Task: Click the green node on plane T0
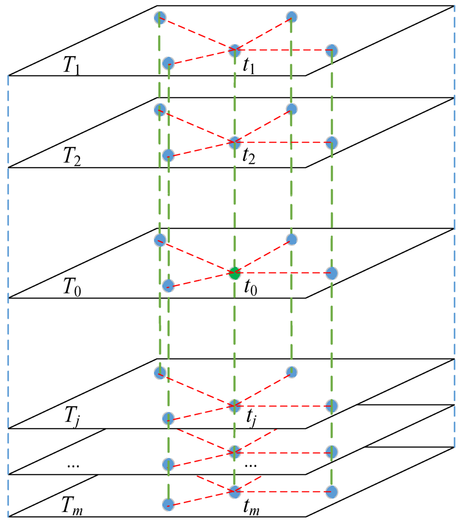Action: [x=234, y=273]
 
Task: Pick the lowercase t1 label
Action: [x=249, y=67]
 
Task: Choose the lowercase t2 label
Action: [x=249, y=159]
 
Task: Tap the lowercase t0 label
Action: [x=249, y=289]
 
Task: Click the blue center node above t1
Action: [x=234, y=50]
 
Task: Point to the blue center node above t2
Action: [x=234, y=143]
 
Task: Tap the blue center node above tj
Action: [x=234, y=405]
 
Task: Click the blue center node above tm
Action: [x=234, y=491]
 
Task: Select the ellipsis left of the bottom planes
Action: [x=72, y=466]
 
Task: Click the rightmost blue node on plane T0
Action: [x=332, y=273]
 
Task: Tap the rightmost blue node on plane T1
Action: [x=332, y=50]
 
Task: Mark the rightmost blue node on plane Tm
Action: [x=332, y=492]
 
